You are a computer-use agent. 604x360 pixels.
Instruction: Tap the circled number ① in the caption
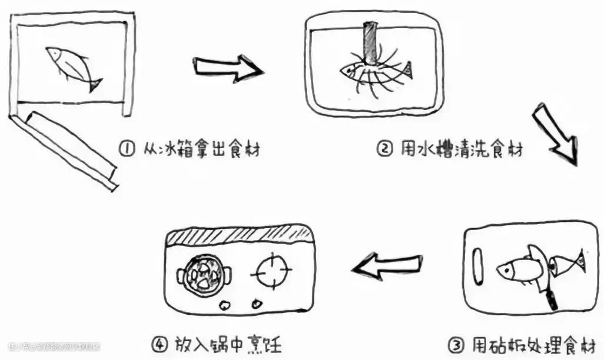pos(127,148)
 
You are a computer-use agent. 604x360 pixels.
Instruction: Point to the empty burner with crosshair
pos(271,271)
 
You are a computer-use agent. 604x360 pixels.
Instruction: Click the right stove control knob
pos(256,304)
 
